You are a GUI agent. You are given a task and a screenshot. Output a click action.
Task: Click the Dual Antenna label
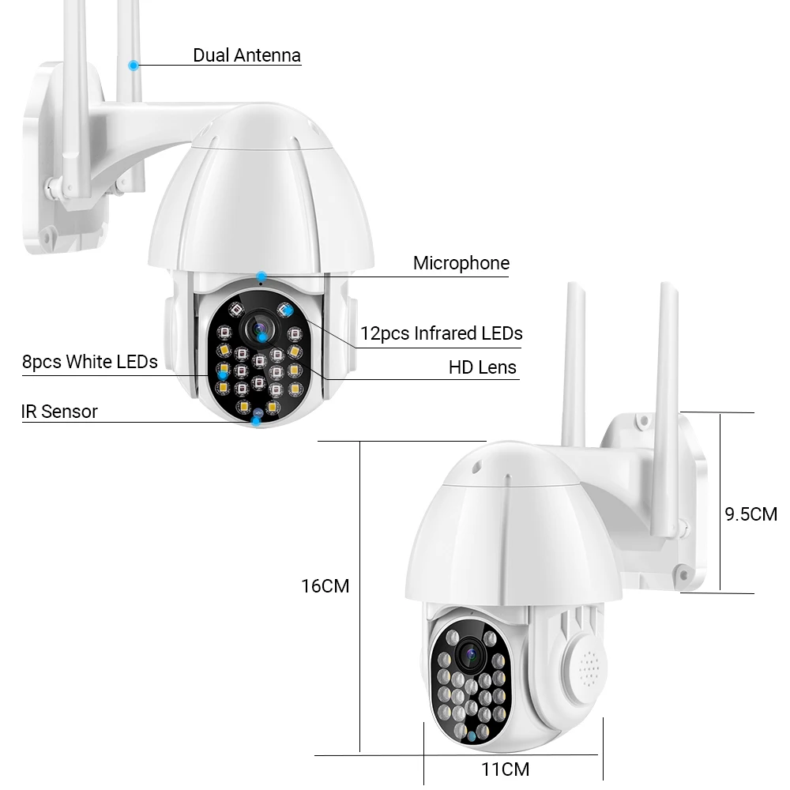pos(246,55)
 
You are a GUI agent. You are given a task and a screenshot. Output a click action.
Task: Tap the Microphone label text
pos(461,263)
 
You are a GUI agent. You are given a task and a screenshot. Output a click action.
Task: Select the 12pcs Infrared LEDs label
pos(441,333)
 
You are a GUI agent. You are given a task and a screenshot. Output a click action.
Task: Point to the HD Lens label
pos(482,367)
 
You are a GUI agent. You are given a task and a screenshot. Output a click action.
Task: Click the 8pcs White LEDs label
pos(90,362)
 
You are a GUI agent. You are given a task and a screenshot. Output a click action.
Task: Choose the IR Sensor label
pos(59,411)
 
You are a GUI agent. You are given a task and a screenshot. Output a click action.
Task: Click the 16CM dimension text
pos(325,586)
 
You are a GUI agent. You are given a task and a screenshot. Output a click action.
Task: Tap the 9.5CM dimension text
pos(750,514)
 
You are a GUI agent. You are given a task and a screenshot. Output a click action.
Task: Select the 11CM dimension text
pos(506,769)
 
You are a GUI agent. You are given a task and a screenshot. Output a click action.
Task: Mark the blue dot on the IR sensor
pos(257,421)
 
